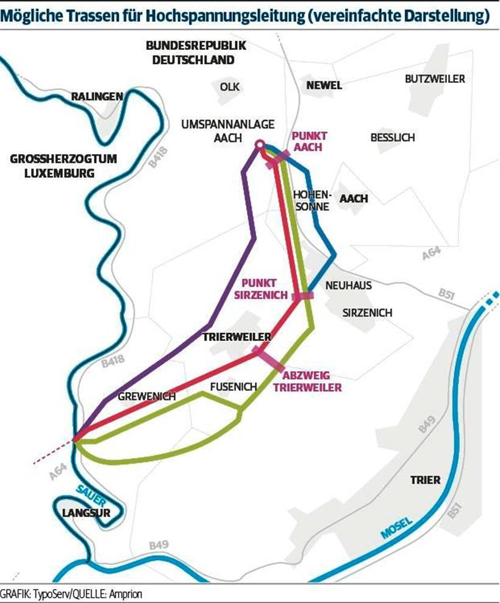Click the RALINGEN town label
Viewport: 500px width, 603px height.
[98, 96]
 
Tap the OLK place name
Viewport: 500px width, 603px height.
[230, 86]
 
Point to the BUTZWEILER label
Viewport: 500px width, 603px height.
[435, 79]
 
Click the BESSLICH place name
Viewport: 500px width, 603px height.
[392, 138]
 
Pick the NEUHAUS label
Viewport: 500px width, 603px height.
[348, 285]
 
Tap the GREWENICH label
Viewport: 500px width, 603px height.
[147, 396]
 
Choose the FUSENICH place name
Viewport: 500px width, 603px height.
[234, 386]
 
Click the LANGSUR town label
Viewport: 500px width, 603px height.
[86, 513]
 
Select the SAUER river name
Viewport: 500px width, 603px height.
[87, 493]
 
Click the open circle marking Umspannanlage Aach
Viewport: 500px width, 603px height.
[259, 145]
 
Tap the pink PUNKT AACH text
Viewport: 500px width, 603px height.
[310, 141]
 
